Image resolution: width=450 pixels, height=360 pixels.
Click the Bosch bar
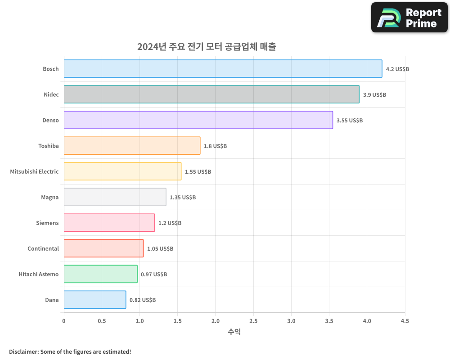(x=223, y=69)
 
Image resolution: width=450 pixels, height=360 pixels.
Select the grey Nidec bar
(x=211, y=94)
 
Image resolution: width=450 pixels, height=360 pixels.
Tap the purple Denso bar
(x=198, y=120)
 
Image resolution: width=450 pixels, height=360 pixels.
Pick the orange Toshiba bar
(x=132, y=146)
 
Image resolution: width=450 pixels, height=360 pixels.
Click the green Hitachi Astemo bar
(x=100, y=274)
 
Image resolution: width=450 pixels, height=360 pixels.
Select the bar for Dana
(x=94, y=300)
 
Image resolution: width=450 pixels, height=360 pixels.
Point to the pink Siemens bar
(x=109, y=223)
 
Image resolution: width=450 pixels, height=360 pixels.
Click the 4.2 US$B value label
(x=397, y=69)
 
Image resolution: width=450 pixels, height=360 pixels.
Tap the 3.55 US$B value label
(x=349, y=121)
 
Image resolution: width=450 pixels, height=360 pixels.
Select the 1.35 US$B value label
(x=182, y=198)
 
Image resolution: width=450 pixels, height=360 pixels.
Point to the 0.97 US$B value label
(x=153, y=274)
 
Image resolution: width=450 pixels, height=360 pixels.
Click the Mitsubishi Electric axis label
(x=34, y=171)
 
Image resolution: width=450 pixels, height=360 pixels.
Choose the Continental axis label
(x=43, y=248)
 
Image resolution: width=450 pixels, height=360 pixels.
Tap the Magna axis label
(x=49, y=197)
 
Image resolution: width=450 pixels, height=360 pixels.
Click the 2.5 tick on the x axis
(x=253, y=321)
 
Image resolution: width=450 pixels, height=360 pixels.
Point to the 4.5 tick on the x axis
(x=405, y=321)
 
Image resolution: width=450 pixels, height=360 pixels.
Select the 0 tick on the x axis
(x=64, y=321)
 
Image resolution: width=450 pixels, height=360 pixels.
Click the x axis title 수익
(x=234, y=332)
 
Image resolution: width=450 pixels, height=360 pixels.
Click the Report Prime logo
(x=409, y=18)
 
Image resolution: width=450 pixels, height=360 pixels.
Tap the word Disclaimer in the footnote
(x=23, y=351)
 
